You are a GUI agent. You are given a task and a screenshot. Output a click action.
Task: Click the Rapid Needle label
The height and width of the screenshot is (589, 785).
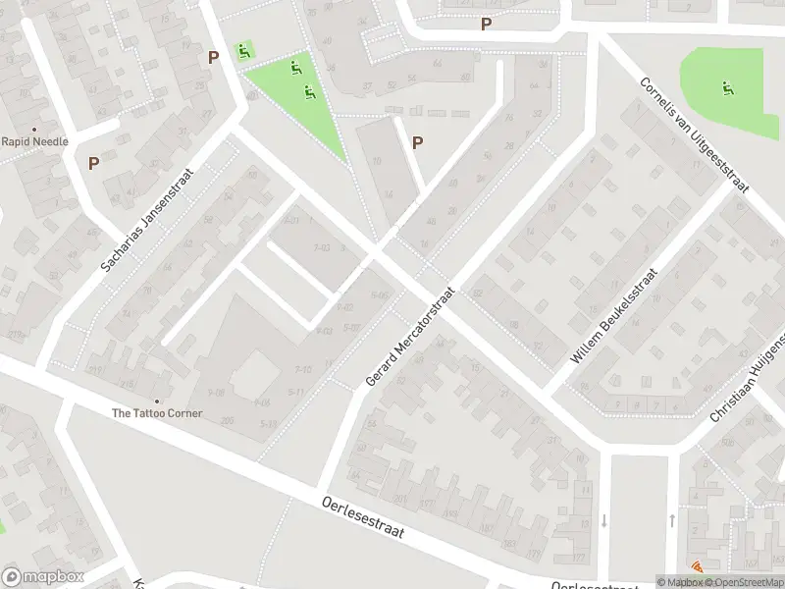point(34,141)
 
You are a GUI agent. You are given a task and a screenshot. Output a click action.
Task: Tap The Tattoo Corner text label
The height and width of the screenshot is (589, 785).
point(157,413)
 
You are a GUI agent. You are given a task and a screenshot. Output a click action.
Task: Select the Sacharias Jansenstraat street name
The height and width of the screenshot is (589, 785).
point(147,220)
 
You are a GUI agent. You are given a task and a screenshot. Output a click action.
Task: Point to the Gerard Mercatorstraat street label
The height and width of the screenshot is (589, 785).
point(410,336)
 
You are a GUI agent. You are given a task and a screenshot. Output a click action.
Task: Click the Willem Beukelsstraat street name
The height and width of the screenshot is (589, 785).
point(613,316)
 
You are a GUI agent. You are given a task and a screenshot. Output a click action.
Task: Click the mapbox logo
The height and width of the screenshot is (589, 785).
point(42,577)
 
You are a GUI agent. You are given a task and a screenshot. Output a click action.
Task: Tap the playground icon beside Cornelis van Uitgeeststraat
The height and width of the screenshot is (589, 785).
point(727,89)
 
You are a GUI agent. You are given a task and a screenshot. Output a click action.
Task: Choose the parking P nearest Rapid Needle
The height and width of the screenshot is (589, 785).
point(94,164)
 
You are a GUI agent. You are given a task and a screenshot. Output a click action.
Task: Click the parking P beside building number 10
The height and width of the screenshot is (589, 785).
point(417,142)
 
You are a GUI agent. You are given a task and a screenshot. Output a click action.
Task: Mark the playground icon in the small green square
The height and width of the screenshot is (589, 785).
point(242,51)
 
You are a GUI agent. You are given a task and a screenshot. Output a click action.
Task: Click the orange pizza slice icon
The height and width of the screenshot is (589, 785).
point(698,566)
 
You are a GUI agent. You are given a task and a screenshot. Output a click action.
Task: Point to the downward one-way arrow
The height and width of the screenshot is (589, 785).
point(604,519)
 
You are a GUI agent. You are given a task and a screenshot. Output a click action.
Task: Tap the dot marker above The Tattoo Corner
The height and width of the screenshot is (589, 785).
point(156,400)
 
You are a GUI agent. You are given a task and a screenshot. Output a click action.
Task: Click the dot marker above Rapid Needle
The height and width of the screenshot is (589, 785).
point(34,129)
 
